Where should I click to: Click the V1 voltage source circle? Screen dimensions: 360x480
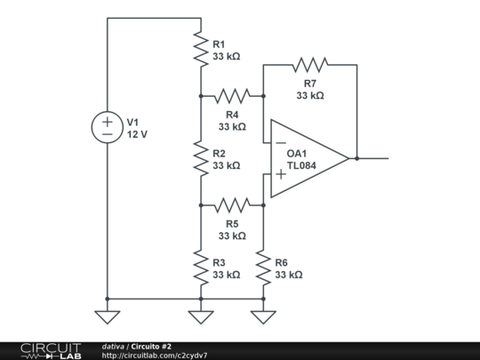[107, 127]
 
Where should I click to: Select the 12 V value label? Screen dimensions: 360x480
[137, 134]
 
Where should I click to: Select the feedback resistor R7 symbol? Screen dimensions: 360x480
[309, 64]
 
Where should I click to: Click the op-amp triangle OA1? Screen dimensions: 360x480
[307, 158]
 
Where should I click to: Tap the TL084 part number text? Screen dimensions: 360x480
[302, 166]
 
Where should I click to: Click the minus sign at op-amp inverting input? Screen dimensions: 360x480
[280, 142]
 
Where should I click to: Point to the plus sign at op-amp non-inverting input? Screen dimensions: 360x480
[280, 175]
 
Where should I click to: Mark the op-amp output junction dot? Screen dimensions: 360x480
[356, 158]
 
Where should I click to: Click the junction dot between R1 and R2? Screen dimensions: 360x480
[200, 94]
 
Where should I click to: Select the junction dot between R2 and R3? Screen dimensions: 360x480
[200, 204]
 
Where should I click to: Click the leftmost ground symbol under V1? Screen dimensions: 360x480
[107, 316]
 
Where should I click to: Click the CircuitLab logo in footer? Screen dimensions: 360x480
[50, 350]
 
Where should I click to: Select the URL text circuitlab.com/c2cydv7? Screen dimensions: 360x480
[155, 355]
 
